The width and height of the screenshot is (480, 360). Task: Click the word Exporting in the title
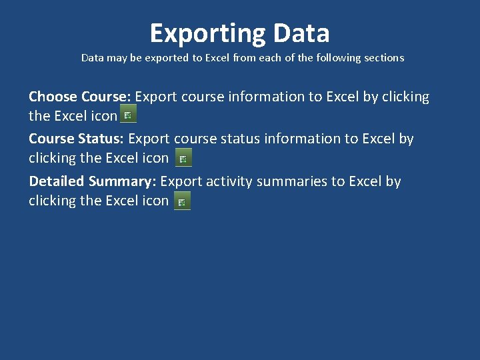[198, 33]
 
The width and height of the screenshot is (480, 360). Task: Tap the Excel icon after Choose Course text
[128, 114]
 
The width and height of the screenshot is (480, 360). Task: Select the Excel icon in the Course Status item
[183, 158]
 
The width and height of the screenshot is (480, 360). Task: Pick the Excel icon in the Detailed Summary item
[182, 201]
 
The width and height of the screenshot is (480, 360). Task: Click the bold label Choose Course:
[80, 97]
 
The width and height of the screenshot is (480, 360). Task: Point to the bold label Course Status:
[77, 139]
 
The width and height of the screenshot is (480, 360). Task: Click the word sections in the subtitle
[383, 58]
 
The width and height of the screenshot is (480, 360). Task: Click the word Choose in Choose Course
[53, 97]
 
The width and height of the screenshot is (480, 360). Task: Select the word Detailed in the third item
[57, 181]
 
